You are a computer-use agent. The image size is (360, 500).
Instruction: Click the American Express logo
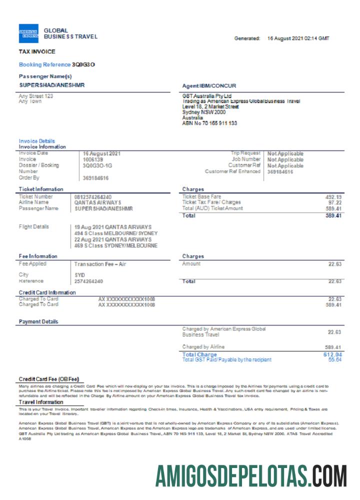coord(28,33)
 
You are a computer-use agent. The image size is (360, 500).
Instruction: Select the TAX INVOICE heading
coord(37,51)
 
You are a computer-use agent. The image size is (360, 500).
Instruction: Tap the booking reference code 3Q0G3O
coord(83,64)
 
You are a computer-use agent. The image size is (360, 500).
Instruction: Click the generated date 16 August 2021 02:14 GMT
coord(298,38)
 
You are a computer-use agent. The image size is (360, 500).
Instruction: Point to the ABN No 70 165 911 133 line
coord(209,123)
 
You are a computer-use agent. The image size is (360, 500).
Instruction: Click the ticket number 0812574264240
coord(93,197)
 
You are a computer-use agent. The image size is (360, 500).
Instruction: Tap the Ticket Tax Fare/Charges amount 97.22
coord(334,202)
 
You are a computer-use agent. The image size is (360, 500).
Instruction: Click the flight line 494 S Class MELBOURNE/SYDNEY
coord(116,233)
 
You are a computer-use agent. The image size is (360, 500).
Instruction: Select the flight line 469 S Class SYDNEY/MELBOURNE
coord(116,245)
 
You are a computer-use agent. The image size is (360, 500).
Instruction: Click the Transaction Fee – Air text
coord(99,264)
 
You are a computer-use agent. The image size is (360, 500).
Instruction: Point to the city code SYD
coord(79,275)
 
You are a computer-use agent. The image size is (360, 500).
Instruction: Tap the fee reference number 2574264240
coord(89,281)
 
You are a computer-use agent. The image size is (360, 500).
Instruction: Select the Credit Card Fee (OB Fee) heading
coord(49,379)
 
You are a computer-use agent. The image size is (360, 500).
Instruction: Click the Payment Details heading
coord(38,321)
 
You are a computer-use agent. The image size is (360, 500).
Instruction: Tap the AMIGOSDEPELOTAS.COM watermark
coord(250,475)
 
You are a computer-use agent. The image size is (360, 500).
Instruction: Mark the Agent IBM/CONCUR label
coord(209,86)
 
